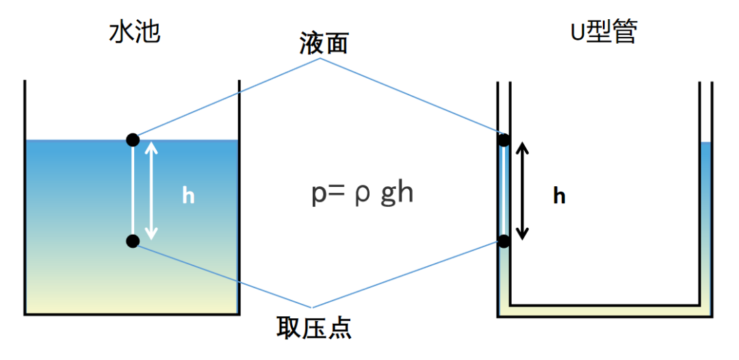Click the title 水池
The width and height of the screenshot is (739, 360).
[135, 32]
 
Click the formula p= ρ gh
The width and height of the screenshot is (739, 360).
[362, 194]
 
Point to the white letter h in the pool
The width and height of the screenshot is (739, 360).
[189, 196]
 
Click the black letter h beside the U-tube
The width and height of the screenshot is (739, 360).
[560, 196]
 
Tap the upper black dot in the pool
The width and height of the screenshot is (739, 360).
[133, 140]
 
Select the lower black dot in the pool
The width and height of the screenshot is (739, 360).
[133, 240]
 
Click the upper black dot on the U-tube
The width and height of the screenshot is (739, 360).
[504, 141]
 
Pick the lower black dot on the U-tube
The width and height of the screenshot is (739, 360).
[504, 241]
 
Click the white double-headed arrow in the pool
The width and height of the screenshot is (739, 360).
[152, 190]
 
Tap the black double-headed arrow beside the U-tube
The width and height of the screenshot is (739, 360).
[523, 191]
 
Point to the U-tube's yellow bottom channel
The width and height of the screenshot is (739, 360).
[606, 311]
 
